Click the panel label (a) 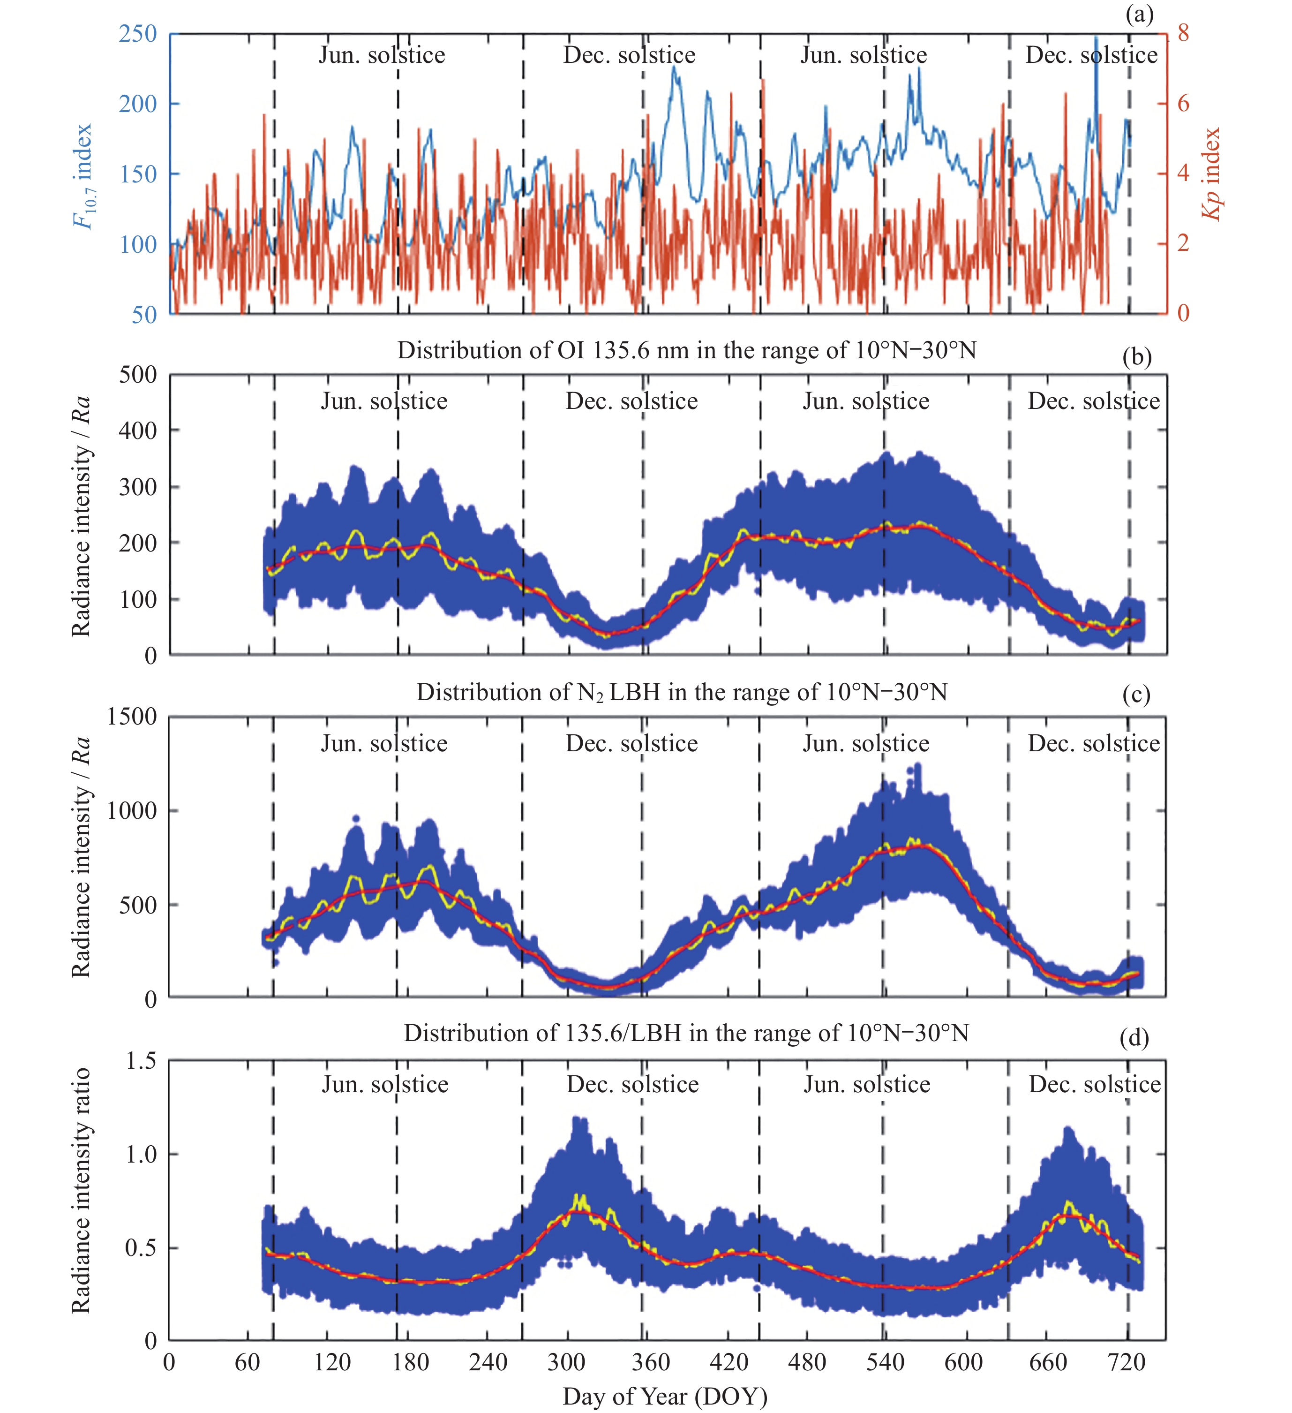click(x=1139, y=14)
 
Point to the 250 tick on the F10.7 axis click(x=137, y=34)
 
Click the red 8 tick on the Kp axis click(x=1183, y=33)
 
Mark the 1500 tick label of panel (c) click(x=132, y=716)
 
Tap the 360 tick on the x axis click(x=651, y=1362)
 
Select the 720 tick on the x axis click(x=1127, y=1362)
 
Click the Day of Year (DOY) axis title click(x=665, y=1396)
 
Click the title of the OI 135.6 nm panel click(x=687, y=350)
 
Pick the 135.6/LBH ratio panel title click(x=686, y=1033)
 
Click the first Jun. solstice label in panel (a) click(x=382, y=55)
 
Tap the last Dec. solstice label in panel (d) click(x=1095, y=1084)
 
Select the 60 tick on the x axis click(x=248, y=1362)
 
